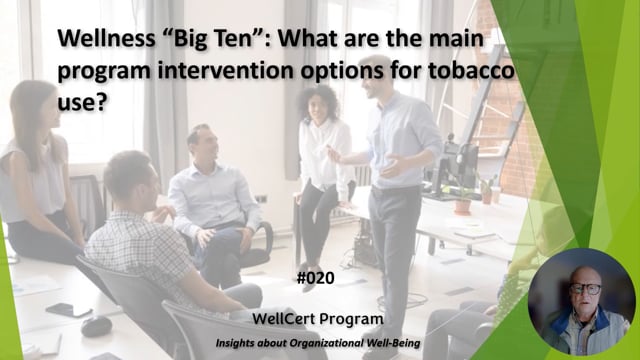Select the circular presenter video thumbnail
(x=581, y=302)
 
